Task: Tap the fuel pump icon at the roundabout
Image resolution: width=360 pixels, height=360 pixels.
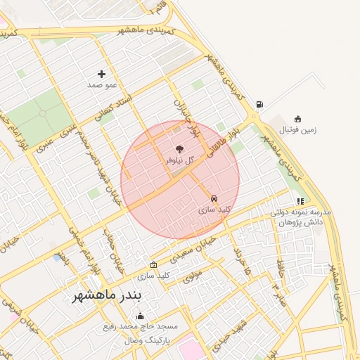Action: coord(260,105)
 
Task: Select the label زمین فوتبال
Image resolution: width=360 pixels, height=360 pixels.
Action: coord(298,130)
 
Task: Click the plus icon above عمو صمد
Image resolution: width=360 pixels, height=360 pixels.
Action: coord(102,73)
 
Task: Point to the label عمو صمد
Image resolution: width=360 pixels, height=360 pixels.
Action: coord(101,84)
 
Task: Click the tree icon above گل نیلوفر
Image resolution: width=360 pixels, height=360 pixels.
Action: coord(179,149)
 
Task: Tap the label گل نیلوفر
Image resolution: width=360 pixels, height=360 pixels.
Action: coord(179,160)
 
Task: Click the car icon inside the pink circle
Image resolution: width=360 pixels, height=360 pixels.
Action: coord(214,198)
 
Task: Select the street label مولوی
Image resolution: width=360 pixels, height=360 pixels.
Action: coord(192,277)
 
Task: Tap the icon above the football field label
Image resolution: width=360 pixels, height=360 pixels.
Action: coord(298,119)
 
